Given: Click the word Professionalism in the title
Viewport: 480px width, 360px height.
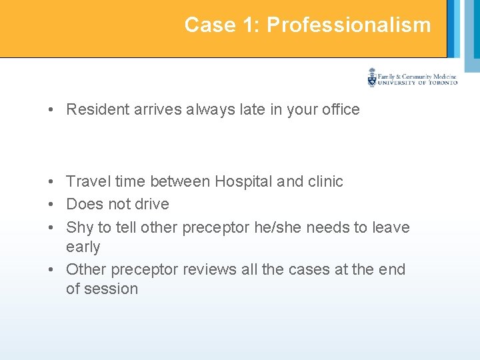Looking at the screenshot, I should point(349,25).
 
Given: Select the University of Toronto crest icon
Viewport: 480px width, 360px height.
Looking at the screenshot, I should point(372,77).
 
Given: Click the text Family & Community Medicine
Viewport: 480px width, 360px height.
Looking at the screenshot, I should point(417,77).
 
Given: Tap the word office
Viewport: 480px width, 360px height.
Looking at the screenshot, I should point(339,110).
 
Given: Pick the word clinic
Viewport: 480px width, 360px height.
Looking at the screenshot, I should point(325,182).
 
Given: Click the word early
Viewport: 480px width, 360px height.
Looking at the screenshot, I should point(83,247).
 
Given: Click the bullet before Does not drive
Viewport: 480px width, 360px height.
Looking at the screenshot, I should point(51,205).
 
